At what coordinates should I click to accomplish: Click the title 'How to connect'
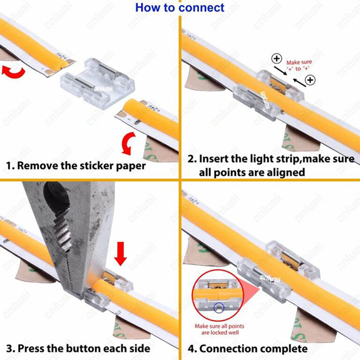[x=180, y=8]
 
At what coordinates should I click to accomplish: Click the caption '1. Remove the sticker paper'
[x=76, y=167]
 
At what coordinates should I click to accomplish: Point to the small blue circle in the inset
[x=219, y=307]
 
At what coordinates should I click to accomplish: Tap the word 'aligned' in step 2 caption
[x=283, y=172]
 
